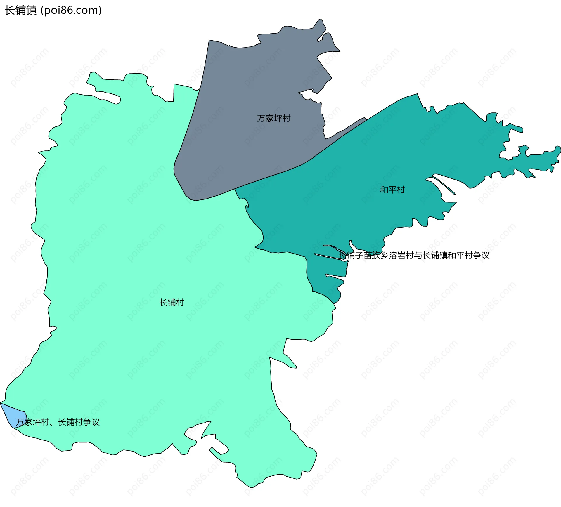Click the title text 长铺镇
tap(20, 11)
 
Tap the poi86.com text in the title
tap(71, 11)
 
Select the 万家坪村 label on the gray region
tap(274, 118)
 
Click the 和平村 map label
tap(392, 190)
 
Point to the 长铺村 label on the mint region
tap(172, 303)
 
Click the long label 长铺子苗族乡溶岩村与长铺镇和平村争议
tap(414, 256)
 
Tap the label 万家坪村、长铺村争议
tap(58, 422)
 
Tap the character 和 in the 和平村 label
tap(384, 190)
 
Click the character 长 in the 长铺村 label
tap(163, 303)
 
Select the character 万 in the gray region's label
tap(261, 118)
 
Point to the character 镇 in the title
tap(31, 11)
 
